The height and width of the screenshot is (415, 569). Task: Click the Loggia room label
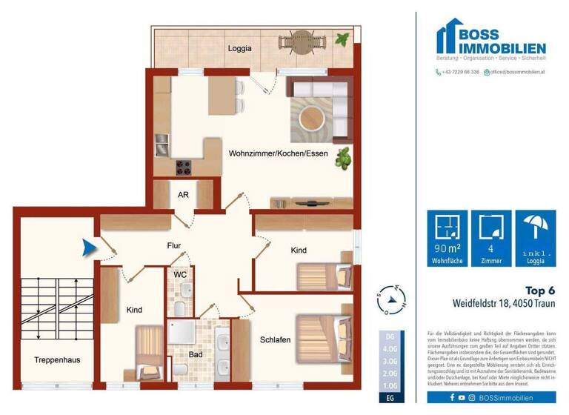[239, 48]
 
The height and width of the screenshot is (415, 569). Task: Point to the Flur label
[174, 245]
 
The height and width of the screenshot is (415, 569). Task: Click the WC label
[179, 274]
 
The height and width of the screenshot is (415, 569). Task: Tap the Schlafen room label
[275, 339]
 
